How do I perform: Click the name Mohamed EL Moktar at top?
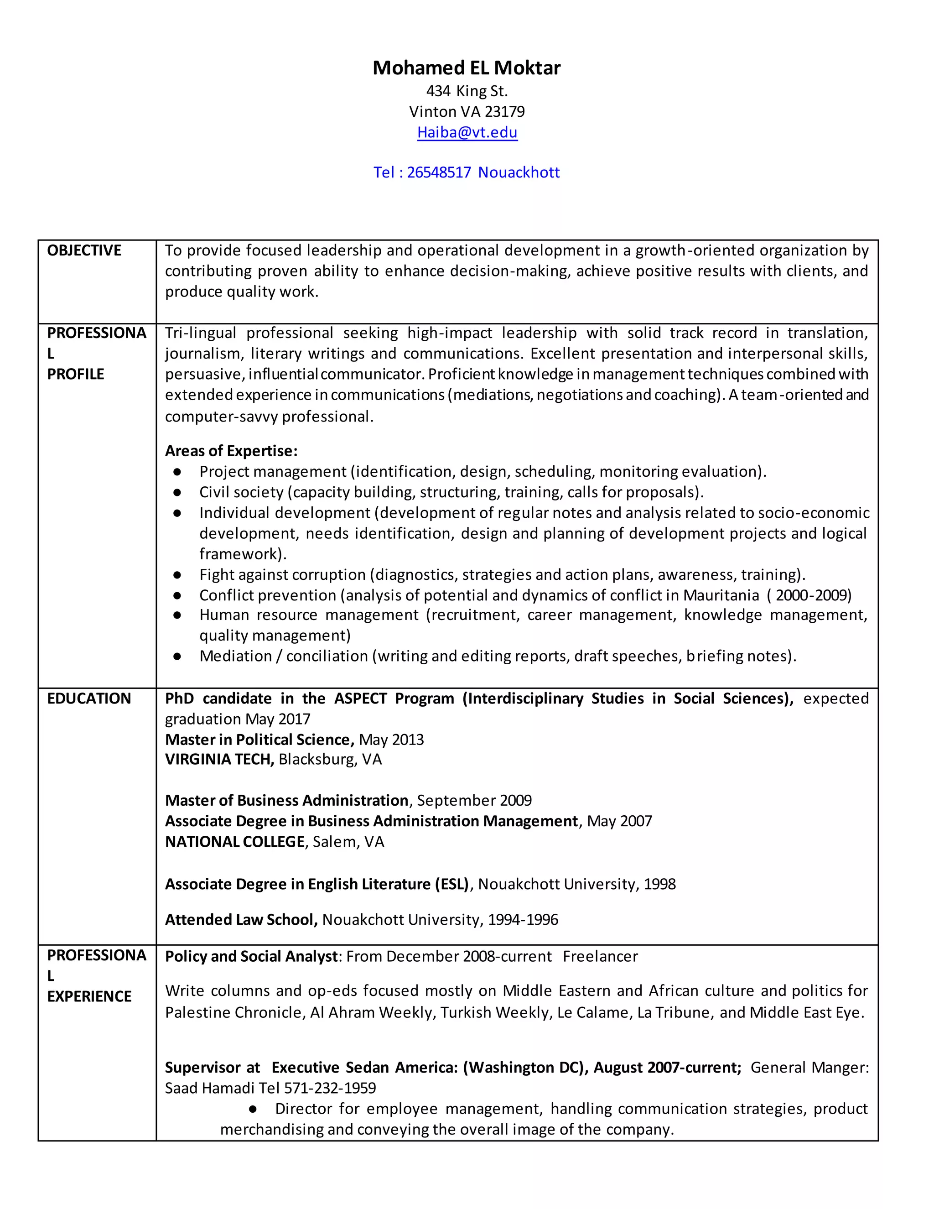tap(467, 68)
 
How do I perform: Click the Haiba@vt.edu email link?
tap(467, 132)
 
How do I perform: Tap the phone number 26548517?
tap(439, 173)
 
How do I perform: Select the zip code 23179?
tap(505, 112)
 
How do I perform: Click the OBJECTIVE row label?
tap(84, 251)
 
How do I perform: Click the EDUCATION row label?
tap(89, 698)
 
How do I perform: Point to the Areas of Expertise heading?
tap(231, 451)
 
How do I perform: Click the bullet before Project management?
tap(177, 472)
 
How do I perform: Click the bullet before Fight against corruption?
tap(177, 575)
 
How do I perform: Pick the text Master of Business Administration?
tap(286, 801)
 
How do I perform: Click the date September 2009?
tap(474, 801)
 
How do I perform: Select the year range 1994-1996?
tap(523, 920)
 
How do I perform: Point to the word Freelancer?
tap(600, 957)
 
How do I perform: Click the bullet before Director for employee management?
tap(253, 1110)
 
